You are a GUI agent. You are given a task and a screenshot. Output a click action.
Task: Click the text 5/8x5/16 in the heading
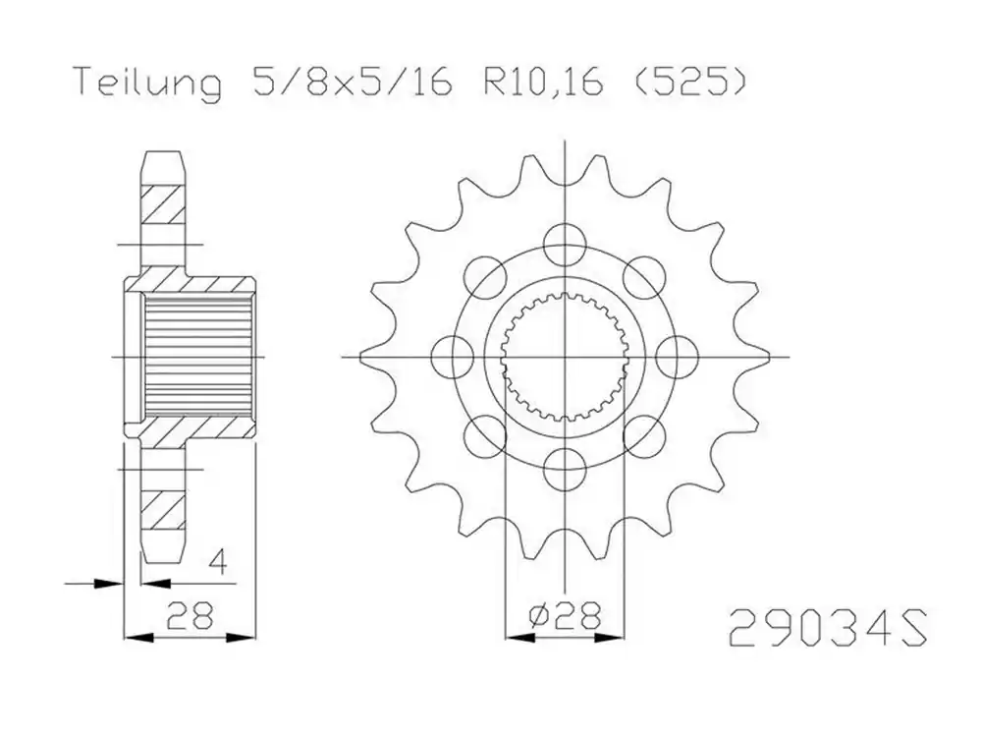[350, 85]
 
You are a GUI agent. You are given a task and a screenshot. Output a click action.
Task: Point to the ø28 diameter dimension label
[564, 616]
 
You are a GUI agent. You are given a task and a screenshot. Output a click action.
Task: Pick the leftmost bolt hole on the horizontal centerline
[453, 356]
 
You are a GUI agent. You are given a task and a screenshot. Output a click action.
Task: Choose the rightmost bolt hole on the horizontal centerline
[677, 356]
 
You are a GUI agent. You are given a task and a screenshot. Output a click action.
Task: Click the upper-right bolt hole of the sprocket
[644, 274]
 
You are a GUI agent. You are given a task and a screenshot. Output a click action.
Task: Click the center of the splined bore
[566, 356]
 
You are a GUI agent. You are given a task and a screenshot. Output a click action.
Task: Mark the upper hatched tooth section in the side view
[163, 206]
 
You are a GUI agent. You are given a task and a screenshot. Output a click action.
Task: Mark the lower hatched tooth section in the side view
[163, 506]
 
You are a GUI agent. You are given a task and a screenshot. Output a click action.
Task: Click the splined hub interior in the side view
[196, 356]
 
